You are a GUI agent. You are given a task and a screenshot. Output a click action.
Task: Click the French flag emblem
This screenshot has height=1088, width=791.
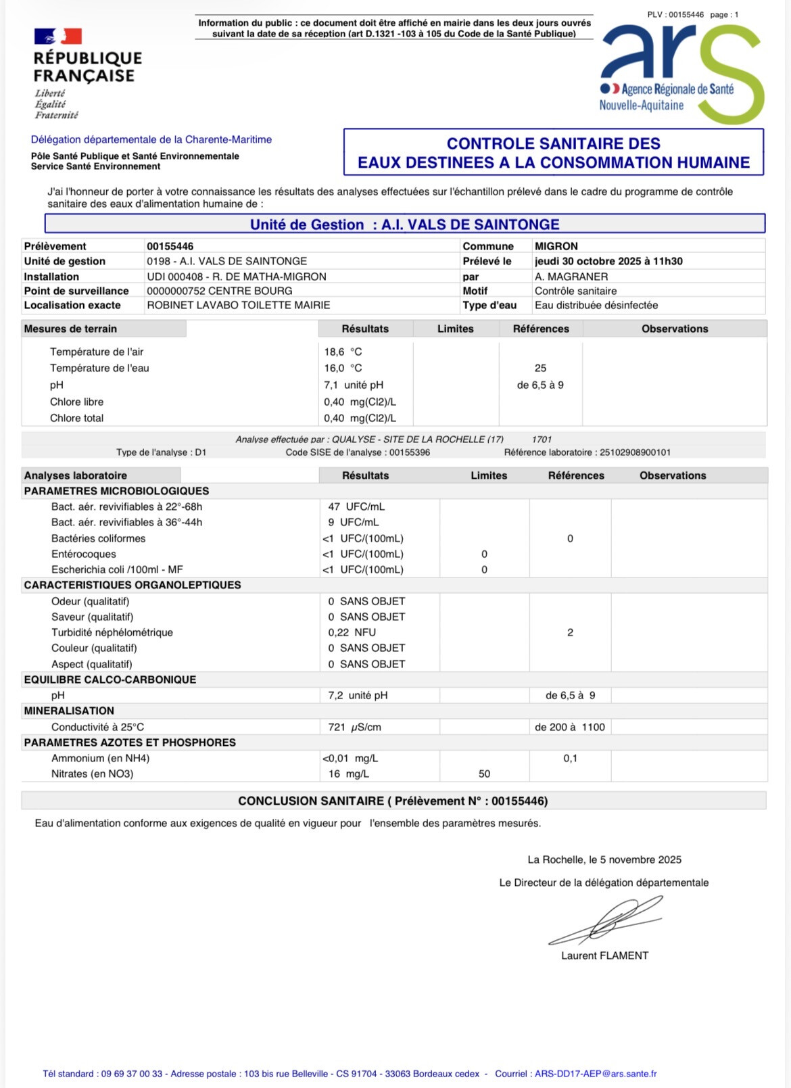57,36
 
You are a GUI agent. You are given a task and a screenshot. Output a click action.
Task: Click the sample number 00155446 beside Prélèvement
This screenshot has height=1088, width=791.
170,246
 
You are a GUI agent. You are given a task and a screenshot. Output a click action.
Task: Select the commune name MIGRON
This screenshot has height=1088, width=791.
556,246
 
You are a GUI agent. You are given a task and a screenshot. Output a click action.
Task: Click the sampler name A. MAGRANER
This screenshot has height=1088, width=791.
571,277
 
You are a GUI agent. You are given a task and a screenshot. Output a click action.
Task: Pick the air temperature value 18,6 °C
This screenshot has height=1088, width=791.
343,352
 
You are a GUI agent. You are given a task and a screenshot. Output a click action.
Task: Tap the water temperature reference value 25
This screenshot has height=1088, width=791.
540,369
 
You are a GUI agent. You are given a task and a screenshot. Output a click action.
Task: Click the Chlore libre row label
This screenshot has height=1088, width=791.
76,402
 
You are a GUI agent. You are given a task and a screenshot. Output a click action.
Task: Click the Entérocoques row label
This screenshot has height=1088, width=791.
84,554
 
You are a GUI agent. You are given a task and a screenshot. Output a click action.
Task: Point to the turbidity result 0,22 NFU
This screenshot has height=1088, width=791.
352,632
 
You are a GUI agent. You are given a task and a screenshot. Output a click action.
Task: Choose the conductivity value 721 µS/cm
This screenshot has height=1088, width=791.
354,727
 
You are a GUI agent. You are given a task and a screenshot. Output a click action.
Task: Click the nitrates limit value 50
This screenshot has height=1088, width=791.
484,774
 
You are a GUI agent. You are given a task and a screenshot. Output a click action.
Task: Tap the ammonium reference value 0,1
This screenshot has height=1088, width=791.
570,758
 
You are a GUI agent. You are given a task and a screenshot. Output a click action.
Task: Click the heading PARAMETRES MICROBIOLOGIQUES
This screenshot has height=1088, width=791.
116,491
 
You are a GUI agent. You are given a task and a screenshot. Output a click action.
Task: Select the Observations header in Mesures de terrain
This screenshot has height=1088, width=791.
674,329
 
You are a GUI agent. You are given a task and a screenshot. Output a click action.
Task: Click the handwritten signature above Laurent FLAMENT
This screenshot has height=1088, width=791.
605,921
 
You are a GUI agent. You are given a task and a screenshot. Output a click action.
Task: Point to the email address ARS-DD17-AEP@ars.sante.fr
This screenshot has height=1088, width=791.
596,1073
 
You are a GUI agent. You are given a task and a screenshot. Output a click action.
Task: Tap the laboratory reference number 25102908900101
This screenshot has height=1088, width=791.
635,452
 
